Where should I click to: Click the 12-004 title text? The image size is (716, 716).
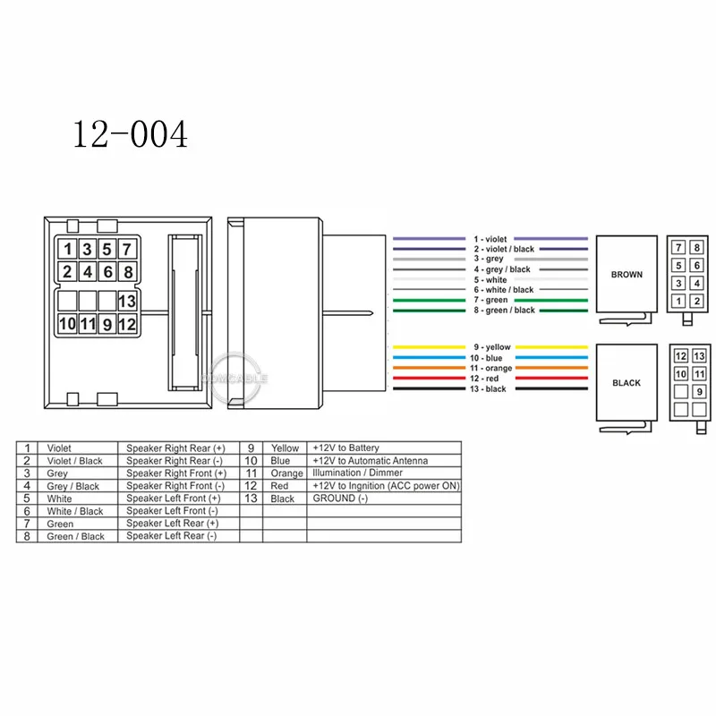pyautogui.click(x=130, y=134)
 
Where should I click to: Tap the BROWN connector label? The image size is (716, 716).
pyautogui.click(x=626, y=275)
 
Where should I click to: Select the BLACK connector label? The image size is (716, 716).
pyautogui.click(x=626, y=383)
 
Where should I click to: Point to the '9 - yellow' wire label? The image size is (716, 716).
pyautogui.click(x=490, y=346)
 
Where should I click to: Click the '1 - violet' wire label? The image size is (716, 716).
pyautogui.click(x=490, y=239)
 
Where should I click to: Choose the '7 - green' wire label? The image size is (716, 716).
pyautogui.click(x=490, y=300)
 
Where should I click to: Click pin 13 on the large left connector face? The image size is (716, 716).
pyautogui.click(x=127, y=303)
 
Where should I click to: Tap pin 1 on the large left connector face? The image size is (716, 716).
pyautogui.click(x=67, y=250)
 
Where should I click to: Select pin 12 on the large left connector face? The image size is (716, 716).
pyautogui.click(x=127, y=324)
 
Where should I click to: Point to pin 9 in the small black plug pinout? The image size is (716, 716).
pyautogui.click(x=698, y=391)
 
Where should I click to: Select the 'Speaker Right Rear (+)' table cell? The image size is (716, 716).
pyautogui.click(x=176, y=447)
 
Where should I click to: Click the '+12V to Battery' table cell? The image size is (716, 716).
pyautogui.click(x=345, y=447)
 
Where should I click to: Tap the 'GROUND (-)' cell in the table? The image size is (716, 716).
pyautogui.click(x=339, y=499)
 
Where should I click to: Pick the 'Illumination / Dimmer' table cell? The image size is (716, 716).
pyautogui.click(x=357, y=473)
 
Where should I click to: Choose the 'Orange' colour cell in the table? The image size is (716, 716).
pyautogui.click(x=286, y=473)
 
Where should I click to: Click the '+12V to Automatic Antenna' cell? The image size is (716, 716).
pyautogui.click(x=370, y=460)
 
